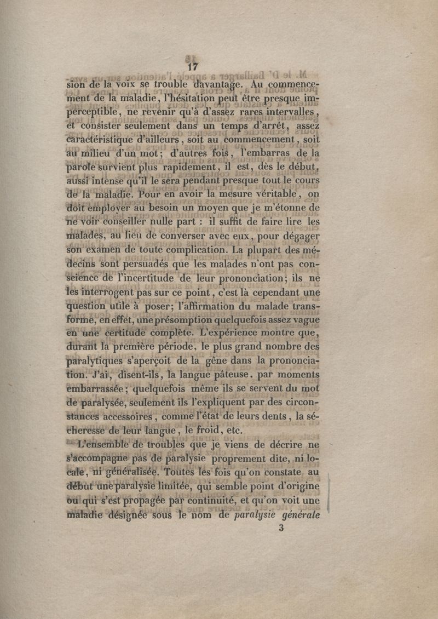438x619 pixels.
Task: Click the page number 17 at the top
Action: tap(192, 67)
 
